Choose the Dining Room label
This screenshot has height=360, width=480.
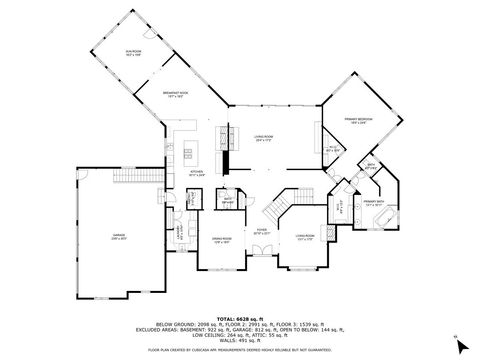click(x=220, y=239)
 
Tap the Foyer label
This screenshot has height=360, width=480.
click(x=261, y=231)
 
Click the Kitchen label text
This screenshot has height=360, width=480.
click(x=197, y=173)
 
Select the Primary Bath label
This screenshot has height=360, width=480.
click(x=375, y=203)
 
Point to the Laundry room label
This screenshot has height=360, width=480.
click(x=180, y=231)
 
